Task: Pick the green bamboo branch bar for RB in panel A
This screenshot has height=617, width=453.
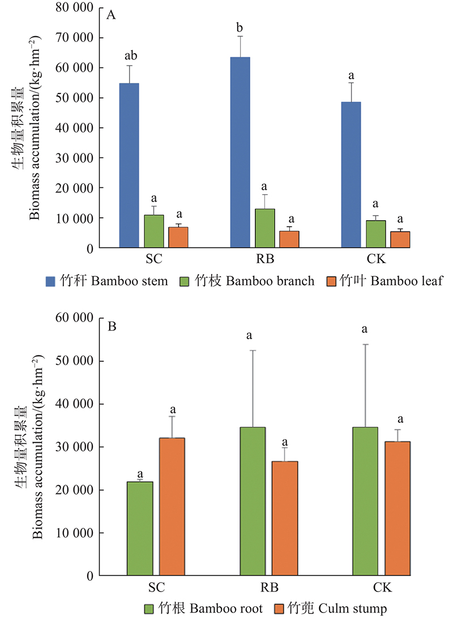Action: tap(264, 228)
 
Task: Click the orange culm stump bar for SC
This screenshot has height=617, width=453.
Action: tap(172, 506)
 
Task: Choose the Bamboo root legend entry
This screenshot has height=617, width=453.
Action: tap(204, 609)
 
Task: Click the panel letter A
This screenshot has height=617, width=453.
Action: tap(112, 15)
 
